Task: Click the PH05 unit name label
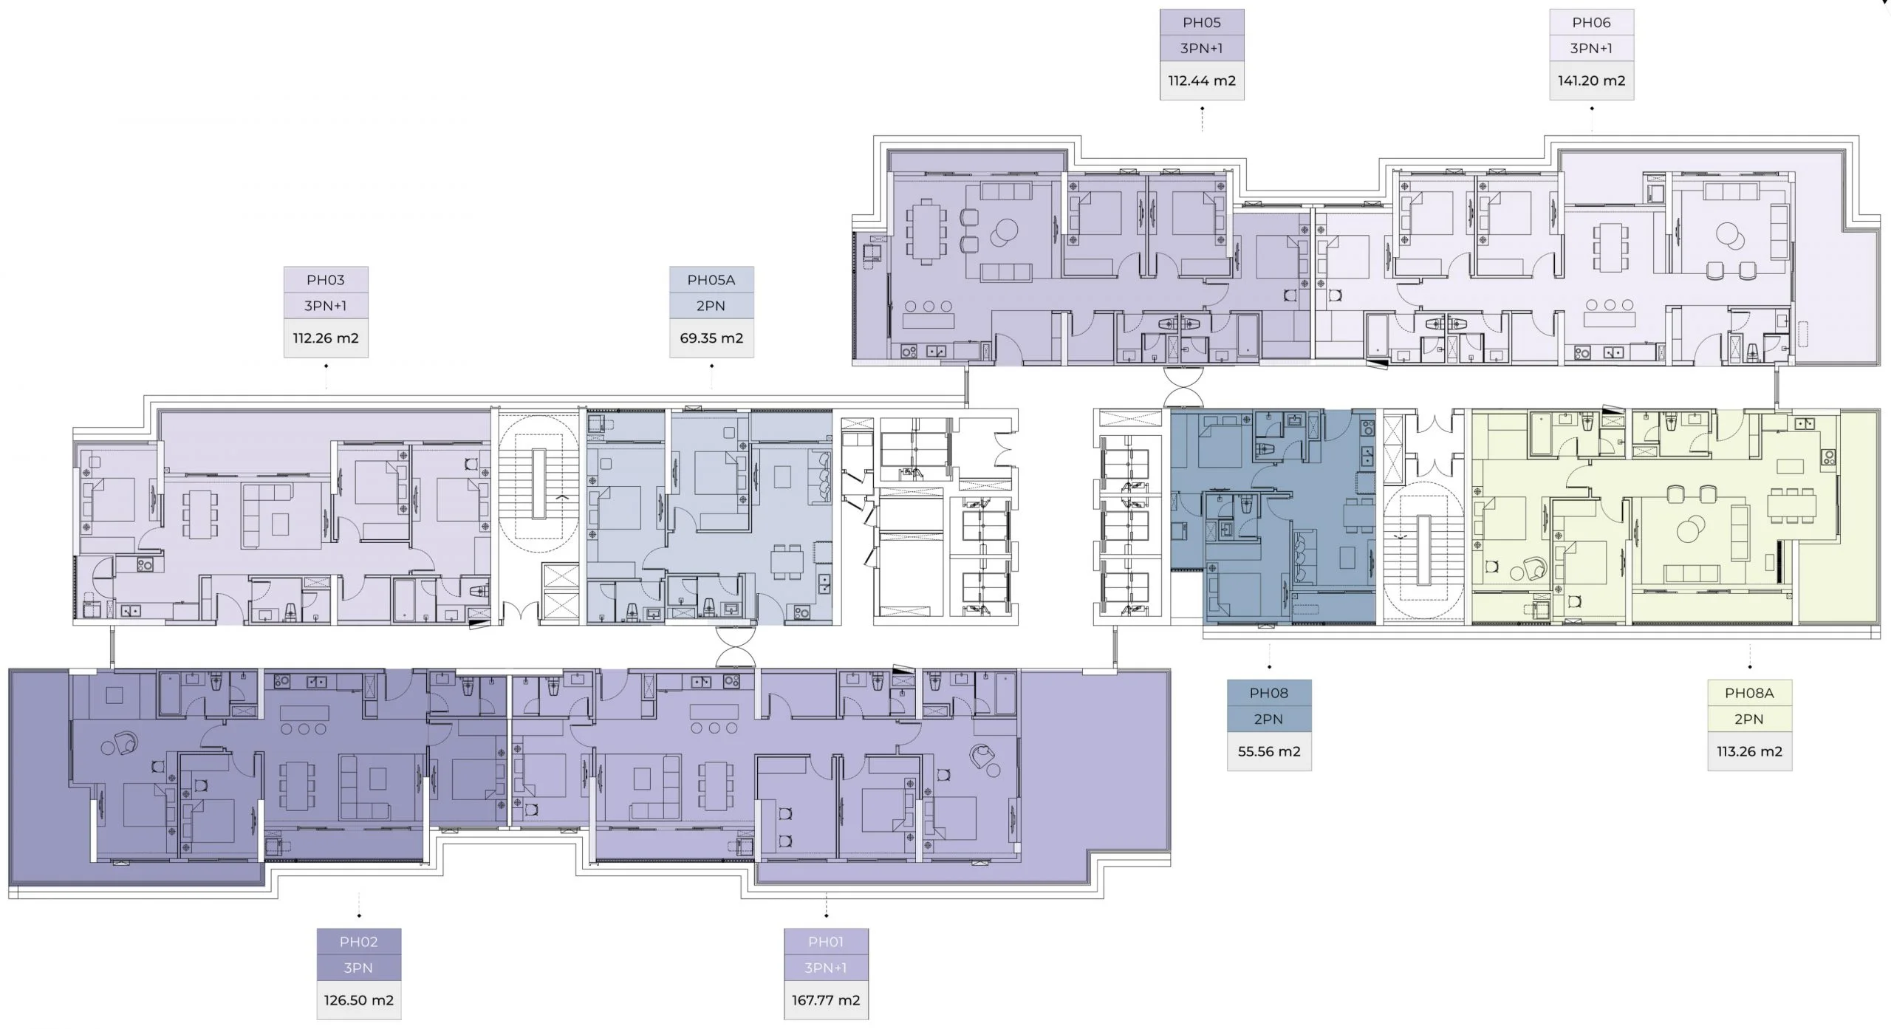tap(1202, 23)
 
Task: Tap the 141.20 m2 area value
tap(1592, 81)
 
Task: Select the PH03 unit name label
tap(326, 280)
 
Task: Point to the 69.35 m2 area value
tap(711, 338)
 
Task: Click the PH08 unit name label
tap(1269, 693)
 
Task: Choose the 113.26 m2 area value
tap(1750, 751)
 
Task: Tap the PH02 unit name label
tap(359, 942)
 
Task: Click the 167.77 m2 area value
tap(826, 1000)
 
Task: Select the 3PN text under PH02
tap(359, 968)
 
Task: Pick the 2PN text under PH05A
tap(711, 306)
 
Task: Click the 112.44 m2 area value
tap(1202, 81)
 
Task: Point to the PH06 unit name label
tap(1592, 23)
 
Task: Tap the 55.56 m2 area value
tap(1269, 751)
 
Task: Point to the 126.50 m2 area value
tap(359, 1000)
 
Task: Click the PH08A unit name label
tap(1750, 693)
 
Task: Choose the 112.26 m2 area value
tap(326, 338)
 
